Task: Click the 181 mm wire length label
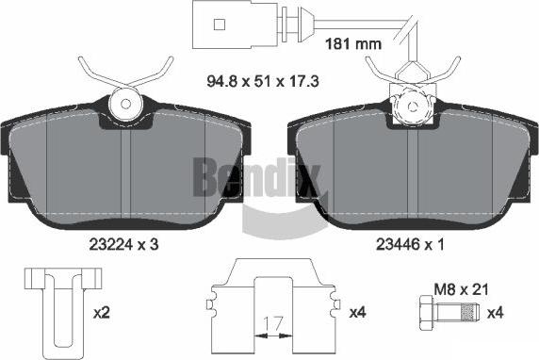353,44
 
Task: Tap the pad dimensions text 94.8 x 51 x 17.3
263,81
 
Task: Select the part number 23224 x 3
123,244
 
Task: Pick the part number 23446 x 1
410,244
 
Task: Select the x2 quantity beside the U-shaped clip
102,313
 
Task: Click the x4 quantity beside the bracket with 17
358,312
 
